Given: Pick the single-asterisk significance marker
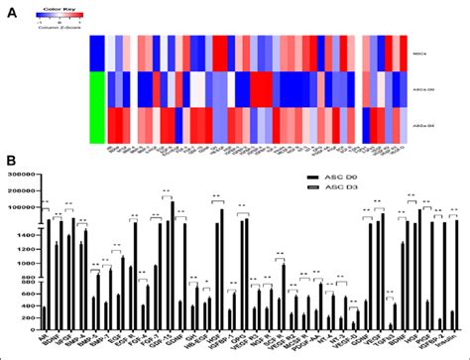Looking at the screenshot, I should tap(390, 292).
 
